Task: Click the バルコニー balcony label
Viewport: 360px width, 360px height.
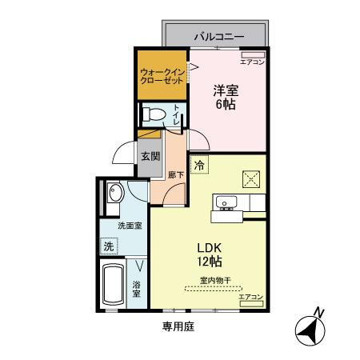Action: pyautogui.click(x=218, y=37)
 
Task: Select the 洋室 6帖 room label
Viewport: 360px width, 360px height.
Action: pyautogui.click(x=225, y=97)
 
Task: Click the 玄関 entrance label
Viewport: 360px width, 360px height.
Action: pyautogui.click(x=150, y=156)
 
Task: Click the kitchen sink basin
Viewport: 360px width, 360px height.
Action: pyautogui.click(x=226, y=202)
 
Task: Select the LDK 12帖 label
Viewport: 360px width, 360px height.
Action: pyautogui.click(x=210, y=254)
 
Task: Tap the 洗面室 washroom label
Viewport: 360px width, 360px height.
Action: pyautogui.click(x=130, y=226)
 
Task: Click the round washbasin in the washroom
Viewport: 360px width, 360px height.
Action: pyautogui.click(x=114, y=193)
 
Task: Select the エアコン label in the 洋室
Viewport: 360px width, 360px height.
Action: pyautogui.click(x=252, y=61)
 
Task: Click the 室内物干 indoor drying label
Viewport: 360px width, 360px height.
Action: pyautogui.click(x=215, y=280)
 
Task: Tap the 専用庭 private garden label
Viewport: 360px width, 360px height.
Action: pyautogui.click(x=178, y=326)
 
